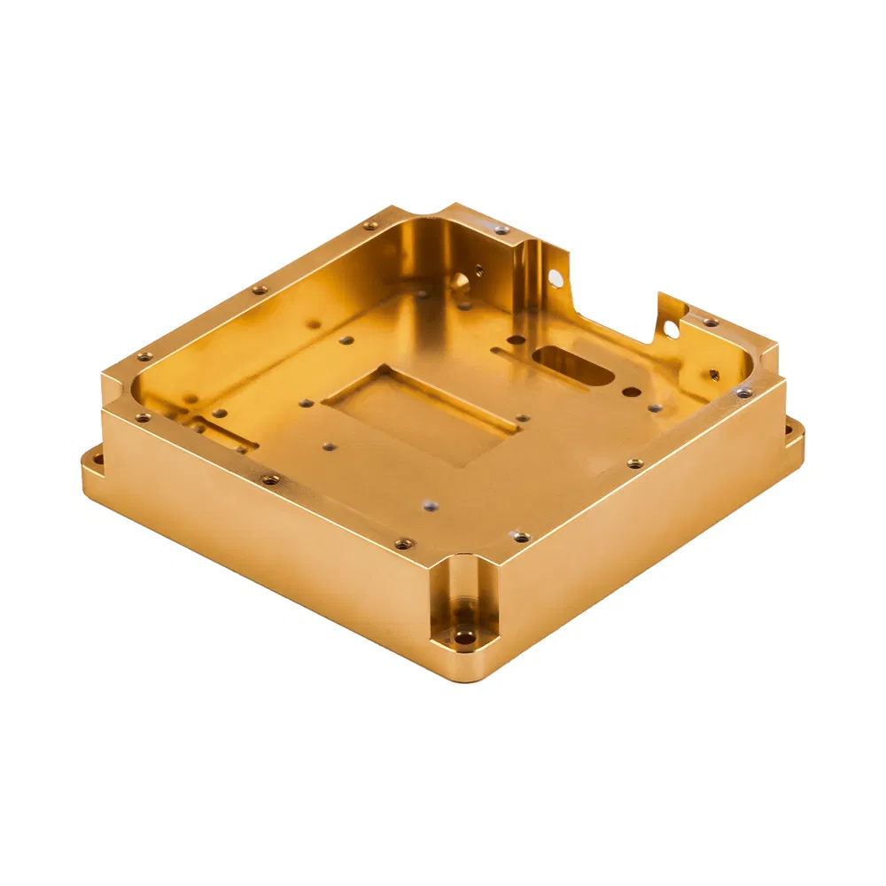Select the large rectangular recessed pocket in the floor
[422, 412]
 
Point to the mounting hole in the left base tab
[97, 459]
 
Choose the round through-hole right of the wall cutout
[671, 330]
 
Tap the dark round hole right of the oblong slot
[631, 390]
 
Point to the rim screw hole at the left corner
[144, 357]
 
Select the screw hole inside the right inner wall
[713, 374]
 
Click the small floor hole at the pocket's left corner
[305, 403]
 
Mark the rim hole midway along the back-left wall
[260, 290]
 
